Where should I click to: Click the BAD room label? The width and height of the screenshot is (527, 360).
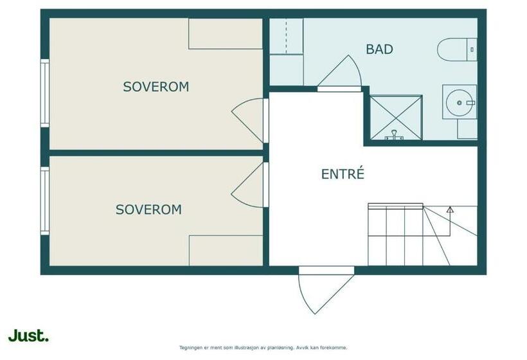[379, 49]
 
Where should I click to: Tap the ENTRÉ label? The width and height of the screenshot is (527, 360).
[343, 174]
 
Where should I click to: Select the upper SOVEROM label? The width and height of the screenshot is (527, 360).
[156, 87]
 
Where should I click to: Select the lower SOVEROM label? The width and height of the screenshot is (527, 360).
[148, 210]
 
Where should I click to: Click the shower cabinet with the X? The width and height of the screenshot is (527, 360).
[396, 117]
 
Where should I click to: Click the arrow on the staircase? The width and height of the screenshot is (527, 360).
[450, 210]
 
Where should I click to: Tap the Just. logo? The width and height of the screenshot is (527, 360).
[28, 335]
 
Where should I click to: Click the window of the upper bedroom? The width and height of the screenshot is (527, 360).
[44, 93]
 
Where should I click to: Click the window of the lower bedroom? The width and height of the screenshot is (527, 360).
[44, 201]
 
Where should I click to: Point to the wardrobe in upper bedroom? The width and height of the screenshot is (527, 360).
[225, 33]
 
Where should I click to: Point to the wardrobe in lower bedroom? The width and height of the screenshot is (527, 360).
[225, 250]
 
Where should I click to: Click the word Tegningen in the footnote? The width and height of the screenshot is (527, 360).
[190, 347]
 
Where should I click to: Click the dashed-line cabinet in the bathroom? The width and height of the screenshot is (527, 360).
[286, 36]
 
